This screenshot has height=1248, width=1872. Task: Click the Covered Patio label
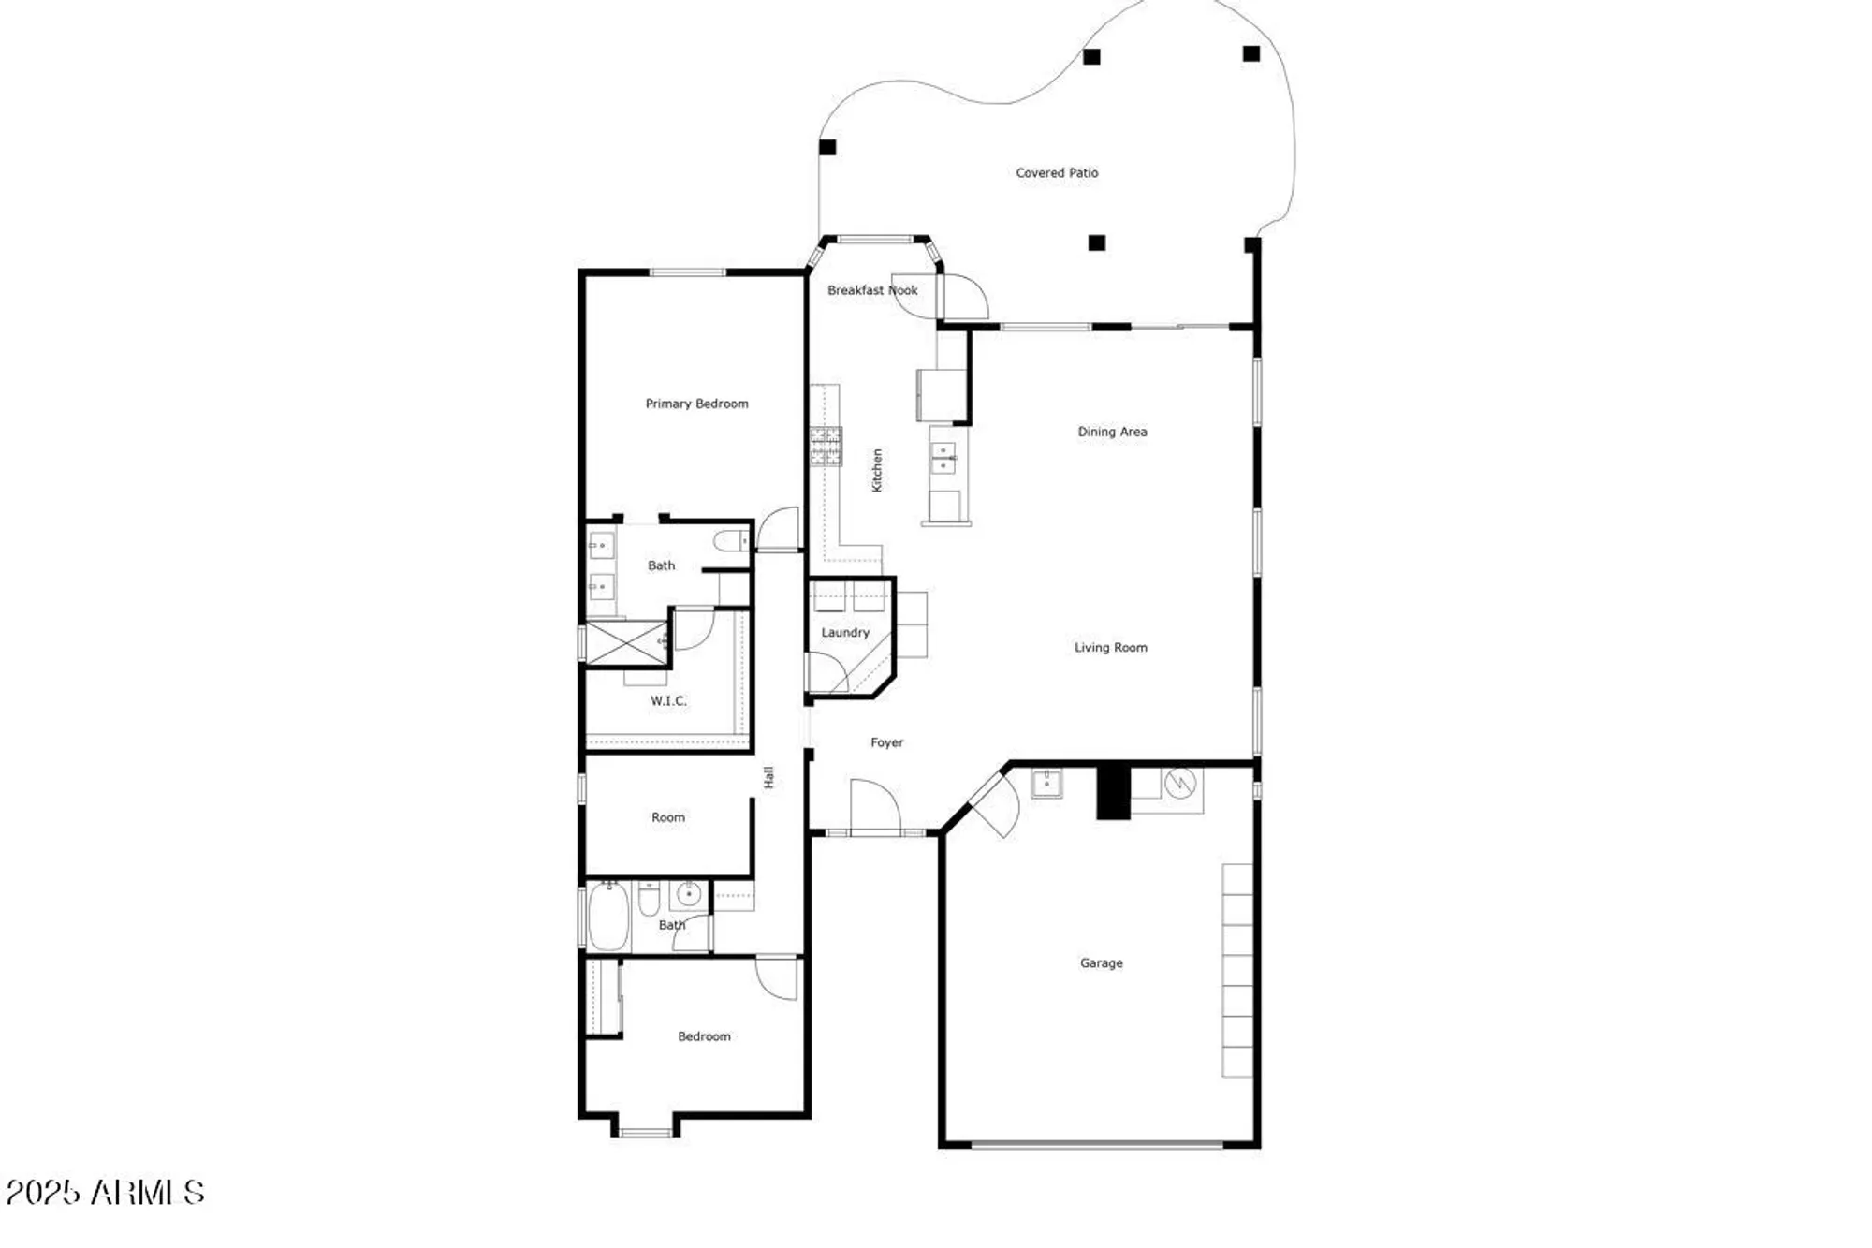click(x=1057, y=173)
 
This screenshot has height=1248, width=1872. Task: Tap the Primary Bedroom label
click(x=696, y=404)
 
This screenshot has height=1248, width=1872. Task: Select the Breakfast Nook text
click(x=872, y=290)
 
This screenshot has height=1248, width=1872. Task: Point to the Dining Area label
click(x=1112, y=432)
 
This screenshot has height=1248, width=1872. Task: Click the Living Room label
click(x=1110, y=647)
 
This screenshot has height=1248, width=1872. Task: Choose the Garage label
click(x=1101, y=962)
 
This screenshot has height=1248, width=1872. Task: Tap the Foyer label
click(x=886, y=742)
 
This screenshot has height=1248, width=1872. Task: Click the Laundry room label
click(x=845, y=633)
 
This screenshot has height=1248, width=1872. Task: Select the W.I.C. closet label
click(x=668, y=700)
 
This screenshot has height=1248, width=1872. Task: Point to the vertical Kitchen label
click(x=877, y=470)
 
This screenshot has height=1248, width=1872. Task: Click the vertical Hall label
click(x=768, y=777)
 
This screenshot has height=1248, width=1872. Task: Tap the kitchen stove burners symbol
click(x=826, y=446)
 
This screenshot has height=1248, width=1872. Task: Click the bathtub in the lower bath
click(x=607, y=917)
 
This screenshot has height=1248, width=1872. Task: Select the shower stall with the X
click(x=626, y=642)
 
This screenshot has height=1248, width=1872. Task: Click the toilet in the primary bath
click(x=730, y=541)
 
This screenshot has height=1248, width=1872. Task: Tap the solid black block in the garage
click(x=1113, y=793)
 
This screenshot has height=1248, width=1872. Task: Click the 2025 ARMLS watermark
click(x=105, y=1193)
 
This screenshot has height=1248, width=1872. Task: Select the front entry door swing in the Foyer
click(x=873, y=805)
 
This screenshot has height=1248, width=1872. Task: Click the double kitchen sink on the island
click(x=943, y=458)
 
